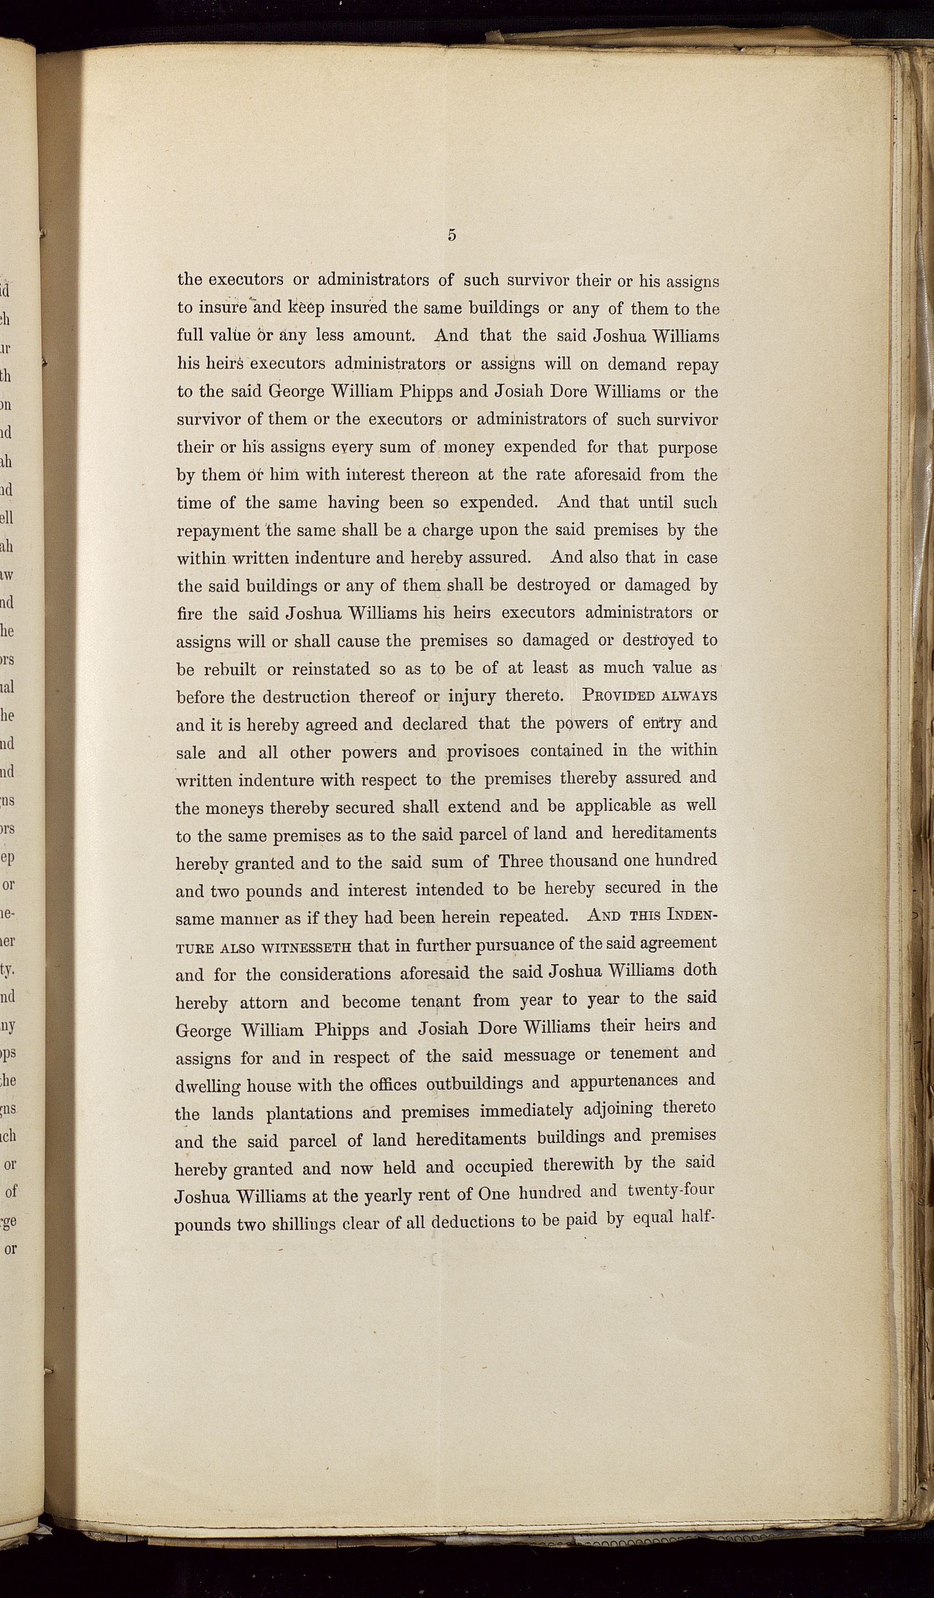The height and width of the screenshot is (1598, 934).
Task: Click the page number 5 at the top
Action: point(451,235)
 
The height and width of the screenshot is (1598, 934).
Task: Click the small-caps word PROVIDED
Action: point(617,695)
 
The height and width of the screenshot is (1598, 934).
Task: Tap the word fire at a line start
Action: point(189,614)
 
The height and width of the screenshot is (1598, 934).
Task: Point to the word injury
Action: point(471,696)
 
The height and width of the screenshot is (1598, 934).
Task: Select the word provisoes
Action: point(483,752)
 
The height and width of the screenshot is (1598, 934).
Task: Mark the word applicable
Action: point(612,806)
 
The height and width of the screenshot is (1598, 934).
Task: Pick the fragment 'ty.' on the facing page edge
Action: point(9,970)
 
